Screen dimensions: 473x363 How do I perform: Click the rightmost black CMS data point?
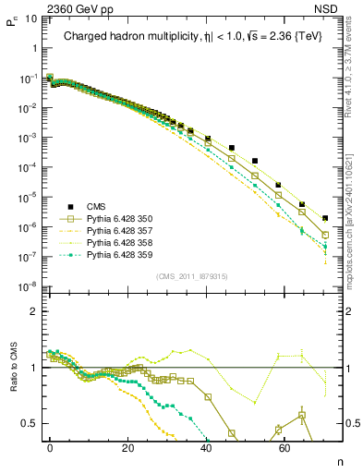click(325, 218)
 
